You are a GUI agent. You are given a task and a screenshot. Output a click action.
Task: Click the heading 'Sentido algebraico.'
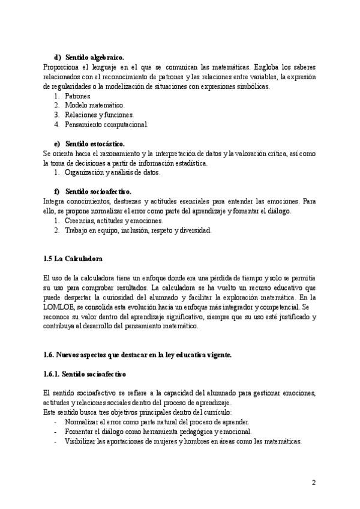pyautogui.click(x=95, y=58)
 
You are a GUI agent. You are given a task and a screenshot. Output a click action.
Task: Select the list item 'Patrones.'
pyautogui.click(x=78, y=96)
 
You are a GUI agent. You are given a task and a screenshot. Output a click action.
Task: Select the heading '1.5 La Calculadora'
pyautogui.click(x=73, y=259)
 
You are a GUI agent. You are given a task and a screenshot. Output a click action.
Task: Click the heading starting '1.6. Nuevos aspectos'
pyautogui.click(x=137, y=355)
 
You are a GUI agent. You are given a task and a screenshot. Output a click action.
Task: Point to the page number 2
pyautogui.click(x=314, y=483)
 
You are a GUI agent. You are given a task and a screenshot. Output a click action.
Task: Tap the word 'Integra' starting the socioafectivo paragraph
pyautogui.click(x=54, y=202)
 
